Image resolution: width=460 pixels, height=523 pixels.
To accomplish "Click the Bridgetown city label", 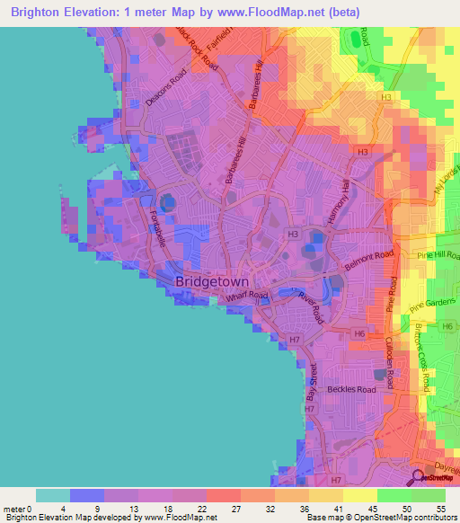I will [x=208, y=281].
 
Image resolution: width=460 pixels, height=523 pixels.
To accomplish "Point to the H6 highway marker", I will [x=358, y=333].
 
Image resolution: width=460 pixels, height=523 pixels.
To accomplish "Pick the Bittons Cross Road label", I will [x=422, y=359].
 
